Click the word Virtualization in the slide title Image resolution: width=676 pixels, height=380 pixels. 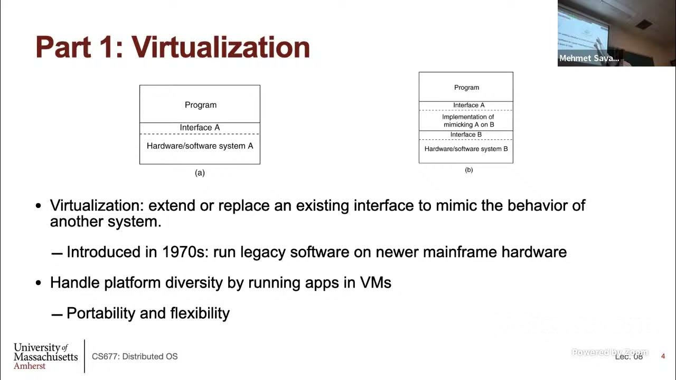(220, 47)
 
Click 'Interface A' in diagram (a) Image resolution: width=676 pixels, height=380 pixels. (200, 128)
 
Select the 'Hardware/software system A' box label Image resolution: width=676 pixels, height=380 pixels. (200, 146)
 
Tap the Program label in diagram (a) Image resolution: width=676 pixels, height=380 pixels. (201, 105)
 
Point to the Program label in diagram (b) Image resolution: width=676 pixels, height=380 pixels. (466, 88)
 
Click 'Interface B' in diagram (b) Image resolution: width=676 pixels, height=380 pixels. (466, 135)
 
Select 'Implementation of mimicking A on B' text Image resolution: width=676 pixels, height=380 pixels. (468, 121)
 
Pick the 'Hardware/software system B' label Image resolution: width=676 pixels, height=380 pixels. (466, 149)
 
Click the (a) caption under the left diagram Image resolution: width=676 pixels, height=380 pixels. (200, 173)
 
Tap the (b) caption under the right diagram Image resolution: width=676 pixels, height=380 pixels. (468, 170)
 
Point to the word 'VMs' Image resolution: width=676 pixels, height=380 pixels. (375, 282)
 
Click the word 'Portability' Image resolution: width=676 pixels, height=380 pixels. (101, 313)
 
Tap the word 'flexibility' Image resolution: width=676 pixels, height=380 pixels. (200, 313)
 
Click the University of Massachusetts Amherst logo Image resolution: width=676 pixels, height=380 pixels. (45, 356)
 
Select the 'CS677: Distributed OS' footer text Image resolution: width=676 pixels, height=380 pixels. (135, 356)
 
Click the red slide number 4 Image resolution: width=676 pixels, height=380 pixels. (663, 356)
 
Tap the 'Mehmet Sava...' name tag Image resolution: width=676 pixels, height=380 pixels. (589, 59)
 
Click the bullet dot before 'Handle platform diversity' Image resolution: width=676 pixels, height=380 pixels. (38, 283)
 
